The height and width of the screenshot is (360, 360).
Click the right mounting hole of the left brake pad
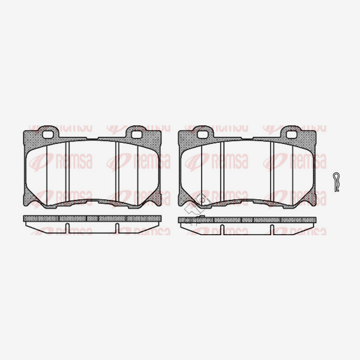(137, 133)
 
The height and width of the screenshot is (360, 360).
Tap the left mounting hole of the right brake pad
(205, 133)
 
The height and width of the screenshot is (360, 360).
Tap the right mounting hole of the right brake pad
(291, 133)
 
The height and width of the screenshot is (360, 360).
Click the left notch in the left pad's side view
(68, 228)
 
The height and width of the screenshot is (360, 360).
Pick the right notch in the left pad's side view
(118, 228)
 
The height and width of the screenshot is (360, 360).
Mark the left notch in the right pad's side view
(222, 229)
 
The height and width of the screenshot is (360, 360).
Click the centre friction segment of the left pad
(93, 171)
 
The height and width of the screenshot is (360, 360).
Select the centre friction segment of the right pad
(248, 171)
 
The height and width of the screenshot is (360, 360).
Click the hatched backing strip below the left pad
(93, 218)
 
